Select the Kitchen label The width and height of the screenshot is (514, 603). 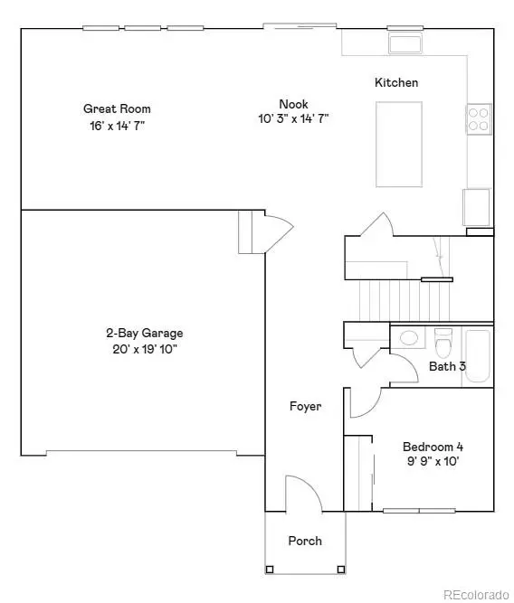396,83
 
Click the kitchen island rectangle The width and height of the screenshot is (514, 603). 399,131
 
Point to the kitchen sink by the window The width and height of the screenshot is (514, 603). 402,43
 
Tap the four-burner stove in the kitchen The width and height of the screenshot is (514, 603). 479,118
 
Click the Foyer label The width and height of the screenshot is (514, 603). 305,407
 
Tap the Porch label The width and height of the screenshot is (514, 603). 305,541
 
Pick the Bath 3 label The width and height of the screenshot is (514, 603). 447,366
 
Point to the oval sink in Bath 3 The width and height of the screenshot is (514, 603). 408,339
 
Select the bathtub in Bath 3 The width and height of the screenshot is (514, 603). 477,357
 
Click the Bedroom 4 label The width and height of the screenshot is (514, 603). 433,447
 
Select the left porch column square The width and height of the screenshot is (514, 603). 270,569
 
